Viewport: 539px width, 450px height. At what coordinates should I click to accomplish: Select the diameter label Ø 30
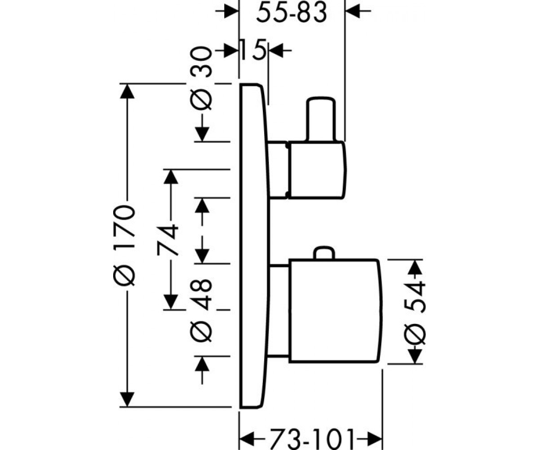(201, 78)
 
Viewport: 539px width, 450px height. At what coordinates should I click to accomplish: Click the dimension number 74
(168, 240)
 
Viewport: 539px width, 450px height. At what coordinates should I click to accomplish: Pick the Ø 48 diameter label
(201, 310)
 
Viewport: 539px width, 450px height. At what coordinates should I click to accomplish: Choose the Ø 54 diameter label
(415, 313)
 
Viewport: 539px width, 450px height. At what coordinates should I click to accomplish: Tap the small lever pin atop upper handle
(321, 119)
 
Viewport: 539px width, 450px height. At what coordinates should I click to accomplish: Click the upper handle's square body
(317, 170)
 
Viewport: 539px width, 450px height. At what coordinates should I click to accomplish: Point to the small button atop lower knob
(324, 253)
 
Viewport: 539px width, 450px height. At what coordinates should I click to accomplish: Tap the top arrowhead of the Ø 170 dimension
(127, 91)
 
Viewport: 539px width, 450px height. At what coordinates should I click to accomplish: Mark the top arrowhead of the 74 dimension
(171, 177)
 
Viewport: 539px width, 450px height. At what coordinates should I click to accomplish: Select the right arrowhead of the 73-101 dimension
(375, 439)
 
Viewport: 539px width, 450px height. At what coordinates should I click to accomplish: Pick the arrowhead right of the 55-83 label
(353, 11)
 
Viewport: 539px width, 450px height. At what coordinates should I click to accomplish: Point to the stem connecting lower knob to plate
(279, 310)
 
